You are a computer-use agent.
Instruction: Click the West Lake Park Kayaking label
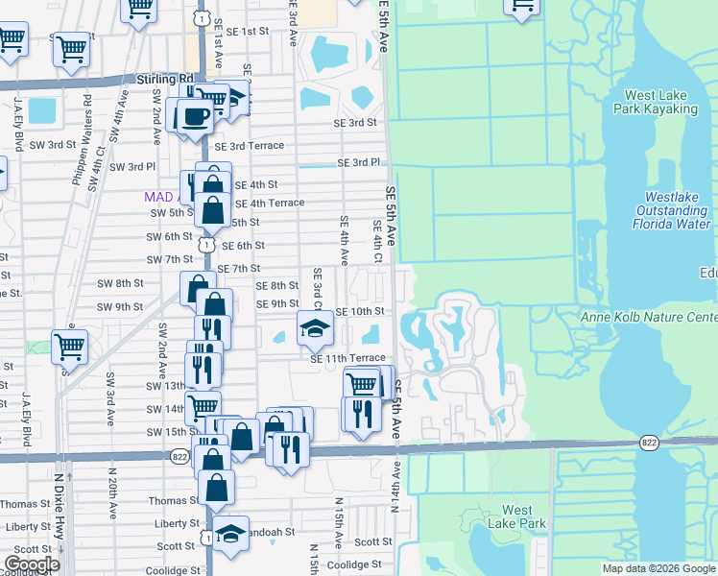(660, 102)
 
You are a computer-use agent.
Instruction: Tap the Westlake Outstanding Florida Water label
(671, 210)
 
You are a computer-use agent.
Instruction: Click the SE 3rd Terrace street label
(250, 146)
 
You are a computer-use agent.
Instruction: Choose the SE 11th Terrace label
(347, 358)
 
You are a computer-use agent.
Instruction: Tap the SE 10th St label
(360, 312)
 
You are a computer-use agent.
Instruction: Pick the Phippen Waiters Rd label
(87, 131)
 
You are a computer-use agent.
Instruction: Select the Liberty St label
(28, 527)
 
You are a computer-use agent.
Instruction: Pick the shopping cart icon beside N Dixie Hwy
(68, 347)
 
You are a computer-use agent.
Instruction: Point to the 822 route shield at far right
(650, 442)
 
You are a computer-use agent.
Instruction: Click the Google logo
(32, 564)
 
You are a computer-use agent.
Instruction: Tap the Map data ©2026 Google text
(657, 568)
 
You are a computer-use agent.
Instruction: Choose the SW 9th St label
(119, 307)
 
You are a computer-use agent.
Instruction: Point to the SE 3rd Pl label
(359, 163)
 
